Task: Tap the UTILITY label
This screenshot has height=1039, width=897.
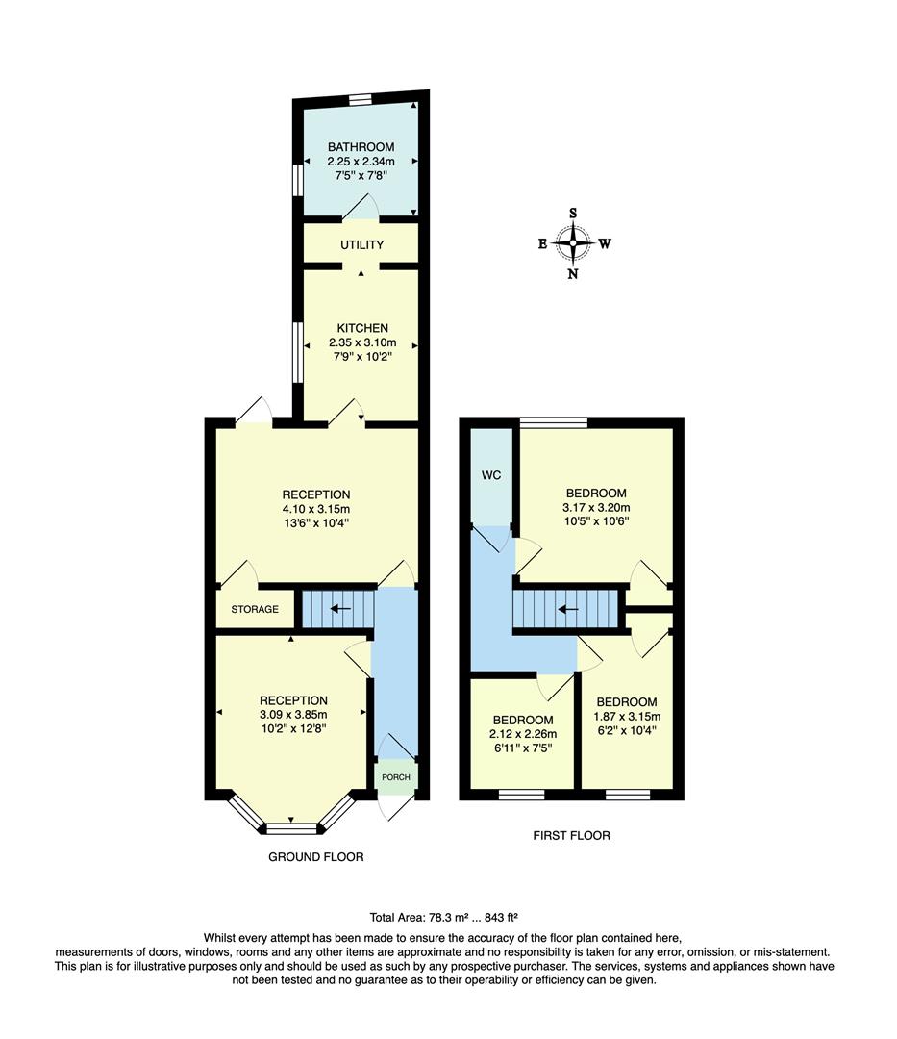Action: coord(361,245)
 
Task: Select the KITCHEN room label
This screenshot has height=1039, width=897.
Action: coord(361,328)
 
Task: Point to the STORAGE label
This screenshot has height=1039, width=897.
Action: coord(255,609)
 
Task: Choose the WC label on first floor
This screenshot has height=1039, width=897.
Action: coord(490,475)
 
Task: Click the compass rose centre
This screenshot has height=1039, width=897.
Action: coord(573,243)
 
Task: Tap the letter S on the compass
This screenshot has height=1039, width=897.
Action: coord(573,214)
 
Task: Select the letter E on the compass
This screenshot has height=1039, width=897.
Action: coord(543,244)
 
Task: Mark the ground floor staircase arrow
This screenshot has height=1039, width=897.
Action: coord(340,608)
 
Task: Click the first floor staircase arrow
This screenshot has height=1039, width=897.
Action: coord(568,608)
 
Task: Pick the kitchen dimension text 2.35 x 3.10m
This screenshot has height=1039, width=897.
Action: coord(361,343)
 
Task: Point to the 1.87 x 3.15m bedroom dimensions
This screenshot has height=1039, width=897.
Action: coord(627,717)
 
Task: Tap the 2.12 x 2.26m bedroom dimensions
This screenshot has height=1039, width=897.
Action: coord(523,734)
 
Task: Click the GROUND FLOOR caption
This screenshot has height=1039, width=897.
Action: coord(316,856)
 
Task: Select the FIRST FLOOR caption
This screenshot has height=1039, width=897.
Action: coord(571,835)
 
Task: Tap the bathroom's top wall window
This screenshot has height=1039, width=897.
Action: coord(361,97)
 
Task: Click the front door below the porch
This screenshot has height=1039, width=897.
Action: coord(395,806)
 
